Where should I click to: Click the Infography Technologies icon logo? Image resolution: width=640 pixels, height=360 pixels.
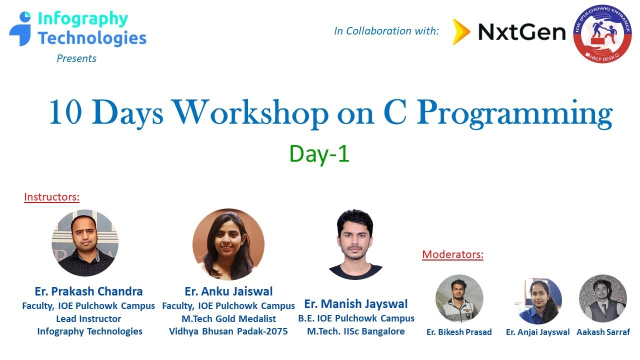pos(20,29)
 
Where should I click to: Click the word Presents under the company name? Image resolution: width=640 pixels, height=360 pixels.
pos(76,58)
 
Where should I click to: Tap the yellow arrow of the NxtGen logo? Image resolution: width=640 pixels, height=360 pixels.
pos(461,32)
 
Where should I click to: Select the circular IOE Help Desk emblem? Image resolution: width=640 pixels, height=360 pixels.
pos(602,34)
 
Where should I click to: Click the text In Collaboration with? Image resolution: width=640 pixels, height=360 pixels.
pos(386,31)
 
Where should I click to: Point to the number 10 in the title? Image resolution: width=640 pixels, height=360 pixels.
pos(65,113)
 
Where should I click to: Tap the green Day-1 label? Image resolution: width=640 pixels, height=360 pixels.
pos(319,154)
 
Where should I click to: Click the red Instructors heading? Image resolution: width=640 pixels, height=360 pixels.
pos(51,197)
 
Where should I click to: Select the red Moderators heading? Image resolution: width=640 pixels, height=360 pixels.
pos(452,254)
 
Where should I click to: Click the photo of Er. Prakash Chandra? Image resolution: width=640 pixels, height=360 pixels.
pos(85,243)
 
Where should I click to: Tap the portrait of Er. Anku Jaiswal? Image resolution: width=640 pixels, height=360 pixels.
pos(228,244)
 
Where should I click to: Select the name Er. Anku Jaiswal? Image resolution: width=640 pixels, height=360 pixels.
pos(228,291)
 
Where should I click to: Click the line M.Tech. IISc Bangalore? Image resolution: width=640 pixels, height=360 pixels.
pos(356,331)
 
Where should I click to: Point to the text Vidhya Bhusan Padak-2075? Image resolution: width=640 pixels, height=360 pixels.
pos(228,331)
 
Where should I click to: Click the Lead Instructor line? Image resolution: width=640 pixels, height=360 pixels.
pos(88,318)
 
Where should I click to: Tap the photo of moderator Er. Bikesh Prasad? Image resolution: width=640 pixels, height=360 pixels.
pos(459,298)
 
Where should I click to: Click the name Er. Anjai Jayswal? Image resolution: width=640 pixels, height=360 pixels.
pos(537,332)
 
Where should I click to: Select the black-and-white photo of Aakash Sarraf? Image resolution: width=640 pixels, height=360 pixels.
pos(602,298)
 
